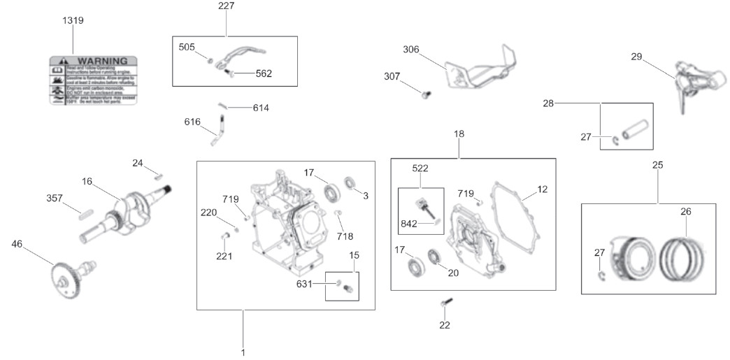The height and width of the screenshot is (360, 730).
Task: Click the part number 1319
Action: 73,20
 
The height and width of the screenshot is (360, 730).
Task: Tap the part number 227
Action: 226,6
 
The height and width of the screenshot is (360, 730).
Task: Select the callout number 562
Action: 264,73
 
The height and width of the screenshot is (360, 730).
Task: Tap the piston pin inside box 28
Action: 638,131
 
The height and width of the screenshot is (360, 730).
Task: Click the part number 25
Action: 657,165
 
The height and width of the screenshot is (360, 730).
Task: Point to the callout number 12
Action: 543,189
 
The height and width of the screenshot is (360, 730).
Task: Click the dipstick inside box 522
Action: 425,208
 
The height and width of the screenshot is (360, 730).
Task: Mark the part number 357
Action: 55,198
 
